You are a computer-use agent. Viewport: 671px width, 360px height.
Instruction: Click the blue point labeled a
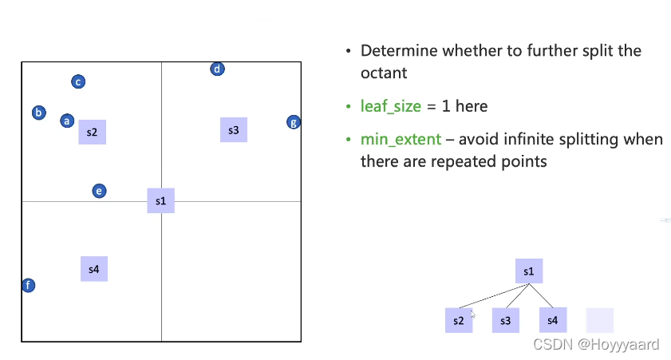click(67, 121)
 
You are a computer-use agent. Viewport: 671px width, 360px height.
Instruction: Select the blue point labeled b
click(38, 113)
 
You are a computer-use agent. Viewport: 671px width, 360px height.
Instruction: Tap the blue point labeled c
click(78, 81)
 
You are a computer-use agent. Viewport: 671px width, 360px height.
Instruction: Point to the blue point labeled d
click(217, 69)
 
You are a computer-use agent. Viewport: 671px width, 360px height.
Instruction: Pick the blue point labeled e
click(99, 191)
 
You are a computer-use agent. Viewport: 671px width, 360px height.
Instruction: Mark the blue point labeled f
click(28, 285)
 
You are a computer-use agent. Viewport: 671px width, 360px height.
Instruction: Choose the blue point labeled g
click(294, 122)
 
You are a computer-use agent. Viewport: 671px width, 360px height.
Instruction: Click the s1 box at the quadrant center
click(160, 200)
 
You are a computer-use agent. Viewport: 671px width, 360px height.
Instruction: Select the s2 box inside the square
click(93, 132)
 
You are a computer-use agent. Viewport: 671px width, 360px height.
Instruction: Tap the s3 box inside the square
click(233, 129)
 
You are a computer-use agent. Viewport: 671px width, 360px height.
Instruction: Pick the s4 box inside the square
click(94, 269)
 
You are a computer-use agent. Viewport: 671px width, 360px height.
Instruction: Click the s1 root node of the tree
click(529, 271)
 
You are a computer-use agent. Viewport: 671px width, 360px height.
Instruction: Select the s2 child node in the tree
click(458, 320)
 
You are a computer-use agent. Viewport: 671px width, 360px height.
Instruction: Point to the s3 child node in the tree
click(505, 320)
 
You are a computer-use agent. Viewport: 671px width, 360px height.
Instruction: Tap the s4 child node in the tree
click(552, 320)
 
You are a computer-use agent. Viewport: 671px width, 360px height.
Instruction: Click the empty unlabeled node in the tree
click(600, 320)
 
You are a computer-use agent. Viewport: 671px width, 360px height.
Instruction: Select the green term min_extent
click(401, 139)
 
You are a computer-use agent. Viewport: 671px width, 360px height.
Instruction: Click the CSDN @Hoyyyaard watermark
click(596, 344)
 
